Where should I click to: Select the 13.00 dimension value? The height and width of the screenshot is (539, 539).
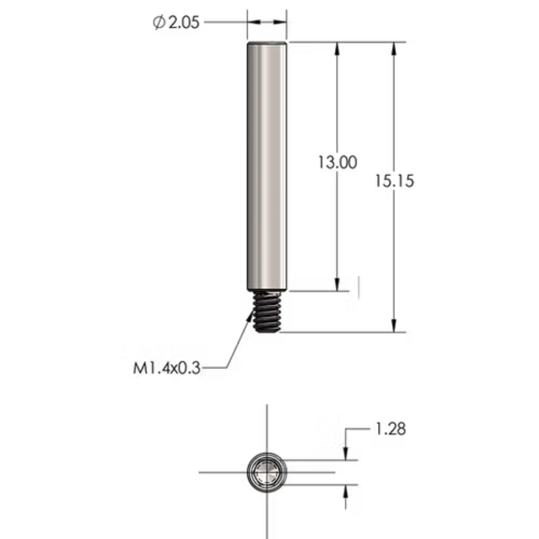click(x=337, y=162)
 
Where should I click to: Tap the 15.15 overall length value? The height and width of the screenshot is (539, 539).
click(x=394, y=181)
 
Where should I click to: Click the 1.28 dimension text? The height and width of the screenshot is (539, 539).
click(x=390, y=429)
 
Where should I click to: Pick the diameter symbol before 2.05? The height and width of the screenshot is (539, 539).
click(x=159, y=22)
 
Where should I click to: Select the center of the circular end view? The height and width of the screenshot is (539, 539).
click(x=267, y=473)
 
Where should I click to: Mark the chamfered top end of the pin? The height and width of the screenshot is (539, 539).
click(x=267, y=43)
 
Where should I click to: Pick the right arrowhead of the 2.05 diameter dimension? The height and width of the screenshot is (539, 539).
click(x=280, y=22)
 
